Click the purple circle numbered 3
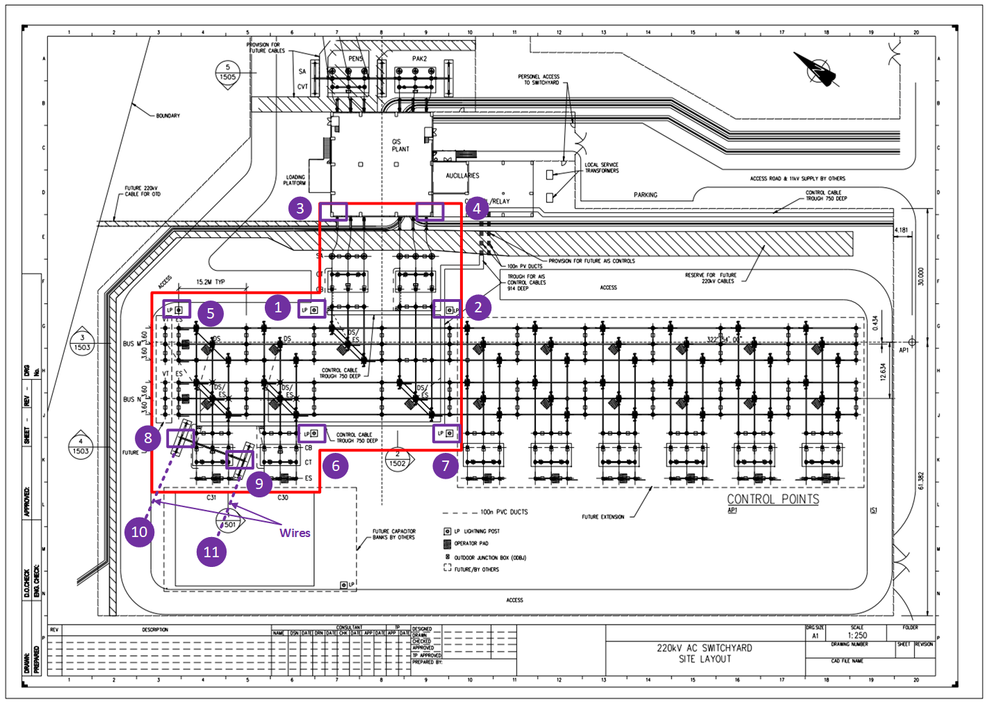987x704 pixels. (300, 208)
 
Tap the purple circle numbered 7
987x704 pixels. (446, 465)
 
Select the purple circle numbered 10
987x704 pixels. (139, 532)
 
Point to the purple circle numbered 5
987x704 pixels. (211, 313)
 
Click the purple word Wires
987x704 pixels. (295, 533)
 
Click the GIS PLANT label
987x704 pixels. (400, 145)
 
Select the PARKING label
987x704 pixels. (645, 195)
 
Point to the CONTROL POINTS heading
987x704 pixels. (773, 499)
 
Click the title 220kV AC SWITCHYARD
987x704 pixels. (704, 648)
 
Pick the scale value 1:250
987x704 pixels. (857, 635)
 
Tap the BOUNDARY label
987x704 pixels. (168, 115)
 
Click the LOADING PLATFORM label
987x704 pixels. (295, 180)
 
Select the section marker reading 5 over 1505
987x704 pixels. (227, 73)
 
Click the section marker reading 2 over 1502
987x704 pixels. (398, 459)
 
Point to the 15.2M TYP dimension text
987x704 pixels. (211, 282)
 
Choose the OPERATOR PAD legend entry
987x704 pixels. (471, 543)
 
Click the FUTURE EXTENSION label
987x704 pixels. (603, 517)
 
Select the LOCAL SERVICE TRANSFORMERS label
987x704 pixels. (601, 168)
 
